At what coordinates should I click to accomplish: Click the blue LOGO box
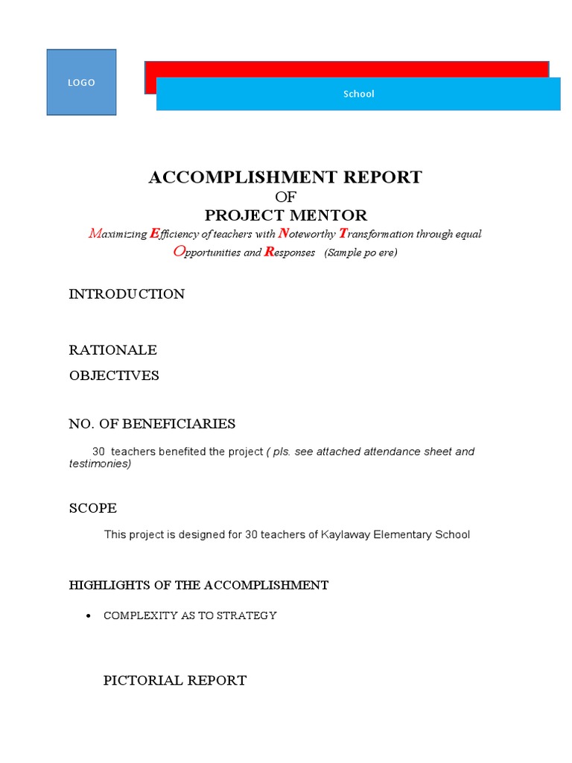tap(81, 83)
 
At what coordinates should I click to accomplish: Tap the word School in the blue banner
tap(358, 94)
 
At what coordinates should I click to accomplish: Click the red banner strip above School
tap(346, 69)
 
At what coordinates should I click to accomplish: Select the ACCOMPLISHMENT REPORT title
tap(285, 177)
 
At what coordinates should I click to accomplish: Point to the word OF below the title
tap(285, 197)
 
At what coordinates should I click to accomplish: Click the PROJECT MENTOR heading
tap(286, 215)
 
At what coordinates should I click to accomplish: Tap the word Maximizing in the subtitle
tap(118, 234)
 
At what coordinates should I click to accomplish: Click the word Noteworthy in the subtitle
tap(307, 234)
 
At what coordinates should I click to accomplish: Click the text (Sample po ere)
tap(360, 253)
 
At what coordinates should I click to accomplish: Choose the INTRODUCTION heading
tap(127, 294)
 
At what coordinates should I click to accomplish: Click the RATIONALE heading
tap(112, 350)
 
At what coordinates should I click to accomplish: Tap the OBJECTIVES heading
tap(114, 376)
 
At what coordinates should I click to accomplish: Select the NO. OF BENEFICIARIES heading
tap(152, 424)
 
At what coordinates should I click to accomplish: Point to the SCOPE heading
tap(93, 508)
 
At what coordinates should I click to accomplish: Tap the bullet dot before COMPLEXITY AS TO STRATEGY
tap(89, 616)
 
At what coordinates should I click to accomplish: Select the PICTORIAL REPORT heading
tap(174, 680)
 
